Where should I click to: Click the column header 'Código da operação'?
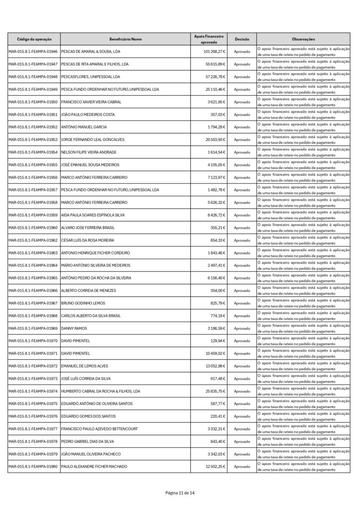[34, 39]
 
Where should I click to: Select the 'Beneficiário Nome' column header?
[125, 39]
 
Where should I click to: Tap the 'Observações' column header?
[304, 39]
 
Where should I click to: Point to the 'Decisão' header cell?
[242, 39]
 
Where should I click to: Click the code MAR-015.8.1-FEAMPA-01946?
[33, 52]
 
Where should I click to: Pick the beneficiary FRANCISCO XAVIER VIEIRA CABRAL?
[91, 102]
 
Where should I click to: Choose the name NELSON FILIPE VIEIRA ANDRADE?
[89, 152]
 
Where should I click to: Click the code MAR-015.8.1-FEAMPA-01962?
[33, 240]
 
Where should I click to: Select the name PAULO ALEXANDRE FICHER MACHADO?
[94, 466]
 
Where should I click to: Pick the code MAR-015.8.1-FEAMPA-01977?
[33, 429]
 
